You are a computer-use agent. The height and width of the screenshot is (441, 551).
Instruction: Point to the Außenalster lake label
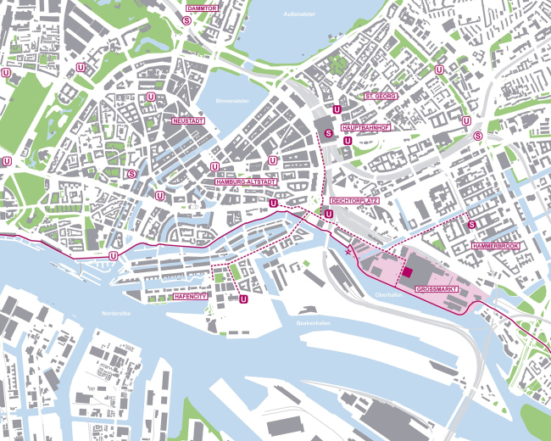click(300, 15)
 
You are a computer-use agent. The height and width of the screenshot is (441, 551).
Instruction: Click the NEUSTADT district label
click(187, 121)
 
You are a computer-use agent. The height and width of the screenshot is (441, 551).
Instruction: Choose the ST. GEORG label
click(380, 97)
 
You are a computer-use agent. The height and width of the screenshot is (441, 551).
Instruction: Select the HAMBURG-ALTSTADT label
click(248, 181)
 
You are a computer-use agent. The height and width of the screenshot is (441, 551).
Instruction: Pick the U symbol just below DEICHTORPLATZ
click(328, 215)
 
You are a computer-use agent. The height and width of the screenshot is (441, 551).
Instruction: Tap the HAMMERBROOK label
click(497, 245)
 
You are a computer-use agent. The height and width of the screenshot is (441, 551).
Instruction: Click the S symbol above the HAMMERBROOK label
click(471, 225)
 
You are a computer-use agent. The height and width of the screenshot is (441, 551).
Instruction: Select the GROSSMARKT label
click(437, 289)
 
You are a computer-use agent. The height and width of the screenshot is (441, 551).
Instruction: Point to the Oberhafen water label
click(387, 294)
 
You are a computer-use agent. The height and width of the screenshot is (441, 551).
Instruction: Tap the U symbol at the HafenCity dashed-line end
click(244, 299)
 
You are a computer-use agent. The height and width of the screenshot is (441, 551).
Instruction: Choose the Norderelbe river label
click(114, 314)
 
